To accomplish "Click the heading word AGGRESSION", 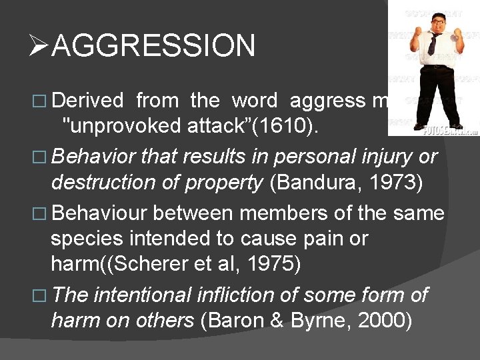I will coord(153,46).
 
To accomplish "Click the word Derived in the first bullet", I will coord(87,101).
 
